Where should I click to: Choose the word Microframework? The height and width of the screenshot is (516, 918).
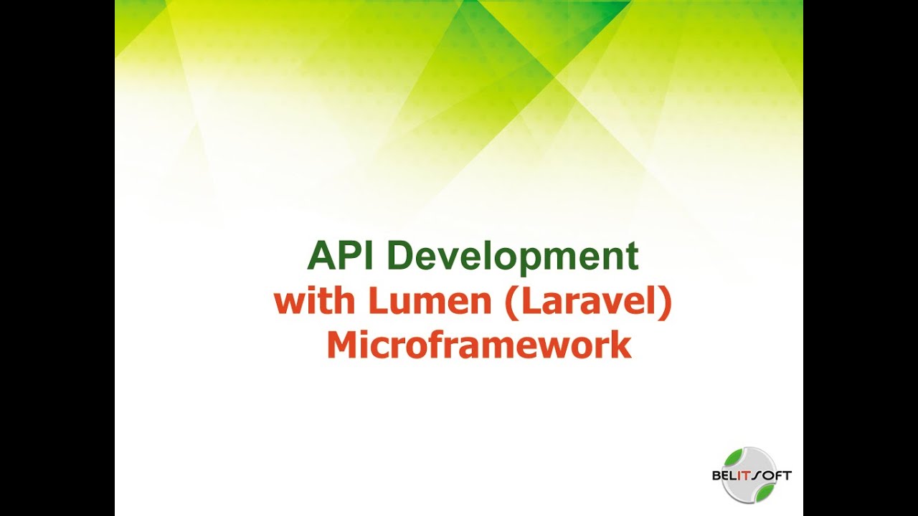(x=478, y=345)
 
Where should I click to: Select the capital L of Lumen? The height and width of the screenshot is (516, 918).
(x=377, y=302)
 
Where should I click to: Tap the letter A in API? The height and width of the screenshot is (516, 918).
(x=320, y=256)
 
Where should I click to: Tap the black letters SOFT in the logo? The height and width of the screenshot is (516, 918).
(x=773, y=475)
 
